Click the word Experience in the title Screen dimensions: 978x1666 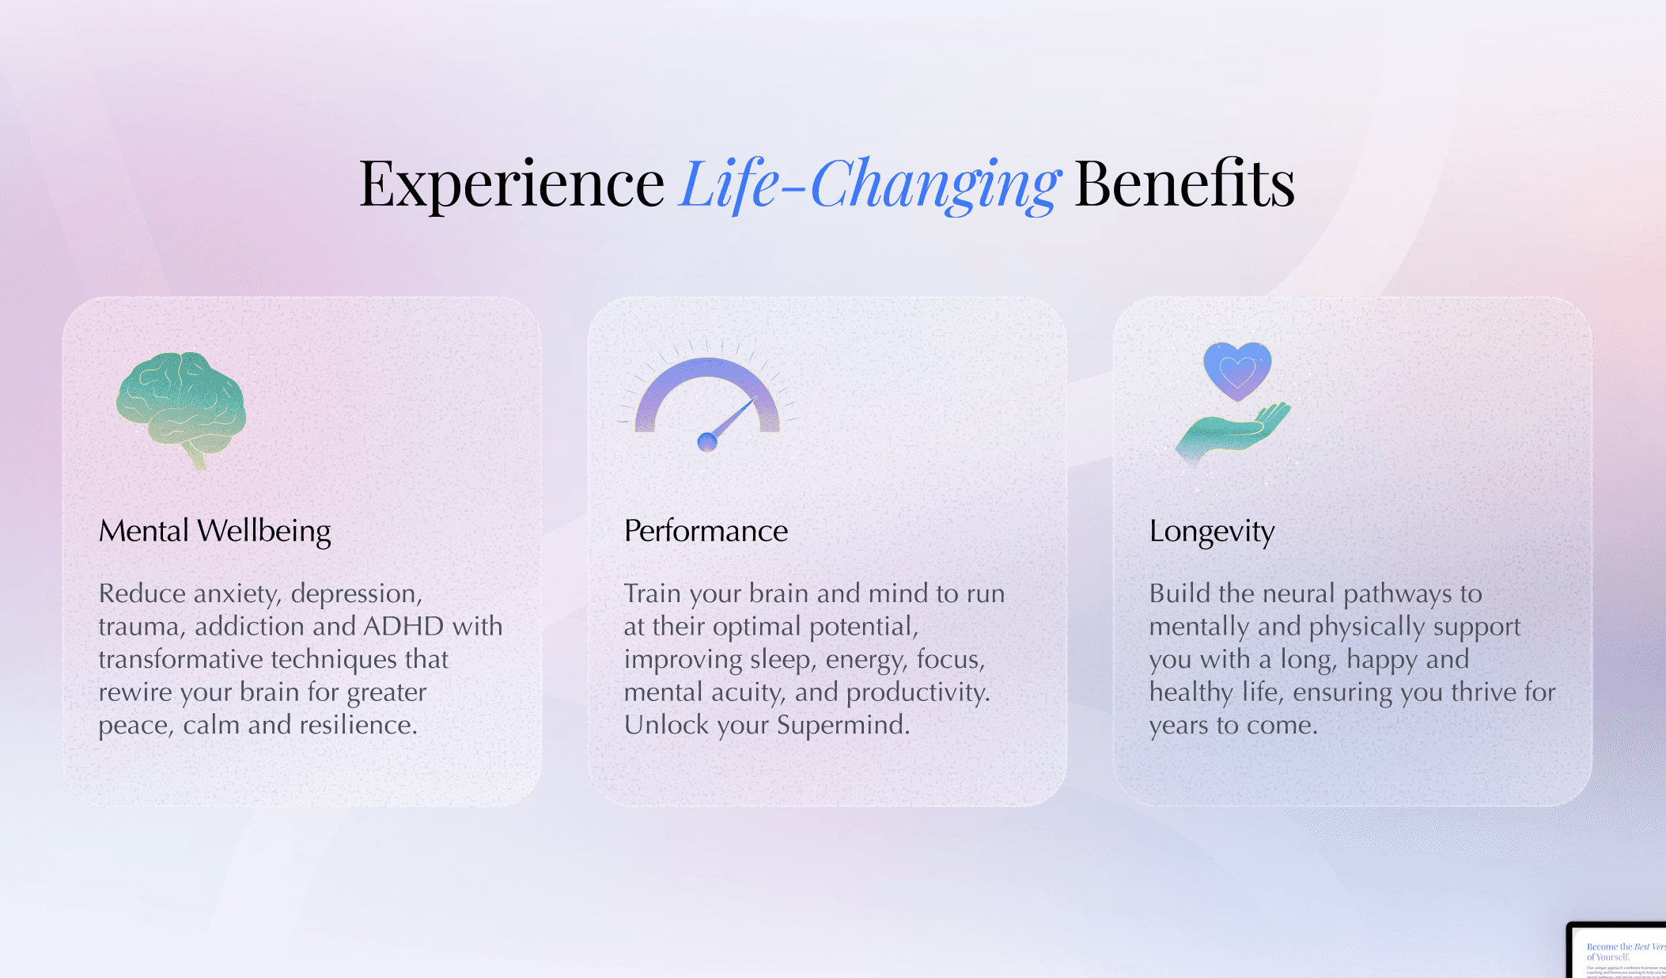[x=511, y=184]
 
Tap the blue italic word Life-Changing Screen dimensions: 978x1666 [x=869, y=184]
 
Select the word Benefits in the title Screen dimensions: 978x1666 [x=1184, y=184]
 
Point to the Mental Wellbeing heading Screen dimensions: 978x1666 [x=214, y=531]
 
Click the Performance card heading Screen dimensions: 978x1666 [x=706, y=531]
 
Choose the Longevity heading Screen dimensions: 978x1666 [x=1211, y=531]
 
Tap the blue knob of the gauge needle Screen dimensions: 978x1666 [x=707, y=442]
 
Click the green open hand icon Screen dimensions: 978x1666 [x=1232, y=432]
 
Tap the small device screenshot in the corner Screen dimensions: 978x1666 [x=1618, y=951]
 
